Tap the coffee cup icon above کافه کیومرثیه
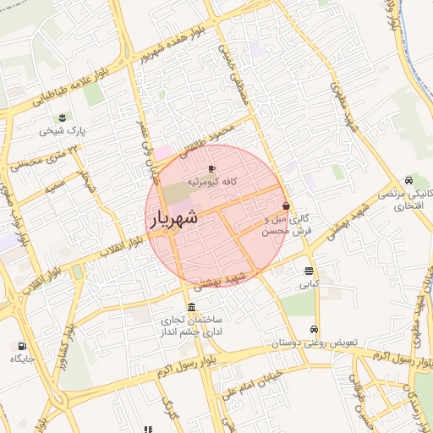(211, 168)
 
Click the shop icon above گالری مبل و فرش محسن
(286, 206)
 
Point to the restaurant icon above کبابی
(308, 271)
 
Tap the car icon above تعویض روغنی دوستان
(315, 330)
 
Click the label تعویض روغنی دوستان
(315, 343)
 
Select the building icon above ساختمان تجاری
(192, 307)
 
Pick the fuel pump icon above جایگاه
(21, 346)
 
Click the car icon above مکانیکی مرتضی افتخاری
(409, 180)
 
